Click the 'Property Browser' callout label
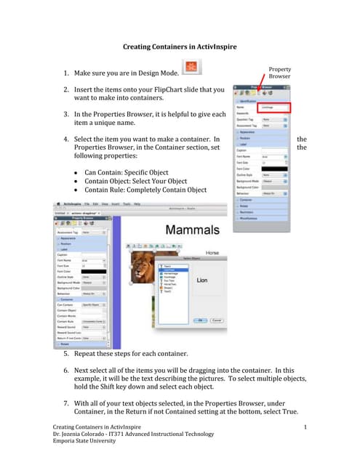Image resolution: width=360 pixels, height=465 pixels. [279, 71]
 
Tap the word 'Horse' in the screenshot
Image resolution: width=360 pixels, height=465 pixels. [212, 251]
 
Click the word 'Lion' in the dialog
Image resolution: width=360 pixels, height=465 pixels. [203, 279]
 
